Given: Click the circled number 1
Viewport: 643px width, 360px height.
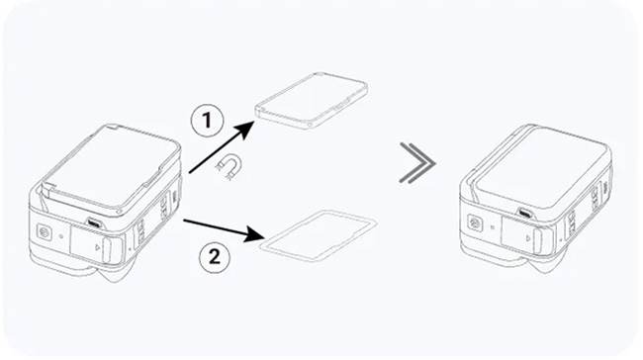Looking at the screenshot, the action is coord(207,120).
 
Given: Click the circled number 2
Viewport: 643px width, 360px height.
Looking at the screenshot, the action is coord(215,257).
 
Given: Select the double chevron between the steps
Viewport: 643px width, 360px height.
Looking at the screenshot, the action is coord(417,163).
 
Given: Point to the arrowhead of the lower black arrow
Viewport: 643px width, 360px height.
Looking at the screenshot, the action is coord(253,235).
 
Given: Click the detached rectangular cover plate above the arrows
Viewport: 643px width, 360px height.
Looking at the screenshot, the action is coord(312,101).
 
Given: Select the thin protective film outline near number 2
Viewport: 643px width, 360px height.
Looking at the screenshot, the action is coord(319,234).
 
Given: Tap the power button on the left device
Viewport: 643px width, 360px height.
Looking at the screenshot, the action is coord(44,232).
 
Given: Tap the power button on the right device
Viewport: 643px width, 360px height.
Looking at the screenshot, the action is coord(475,224).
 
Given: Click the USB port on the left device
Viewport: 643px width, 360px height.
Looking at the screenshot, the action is coord(95,224).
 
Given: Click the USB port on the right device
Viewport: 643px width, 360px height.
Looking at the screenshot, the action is coord(524,213).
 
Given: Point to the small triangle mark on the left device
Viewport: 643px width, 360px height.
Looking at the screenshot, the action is coord(97,247).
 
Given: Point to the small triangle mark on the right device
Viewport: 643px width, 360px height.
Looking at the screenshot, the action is coord(528,237).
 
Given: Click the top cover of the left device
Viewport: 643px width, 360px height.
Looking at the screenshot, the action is coord(110,167).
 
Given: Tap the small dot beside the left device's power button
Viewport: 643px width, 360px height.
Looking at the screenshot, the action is coord(61,236).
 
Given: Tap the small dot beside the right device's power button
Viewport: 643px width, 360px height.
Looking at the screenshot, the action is coord(492,226).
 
